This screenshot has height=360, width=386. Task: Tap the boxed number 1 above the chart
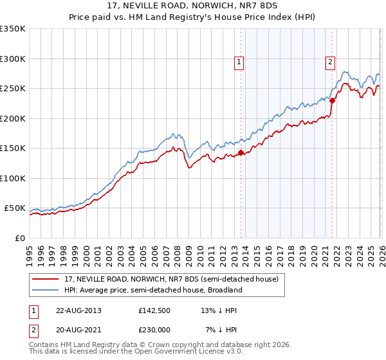(x=239, y=62)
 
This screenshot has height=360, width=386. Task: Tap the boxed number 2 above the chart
(x=330, y=62)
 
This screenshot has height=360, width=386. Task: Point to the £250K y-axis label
(x=13, y=89)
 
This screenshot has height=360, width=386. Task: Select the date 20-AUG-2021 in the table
(x=78, y=330)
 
